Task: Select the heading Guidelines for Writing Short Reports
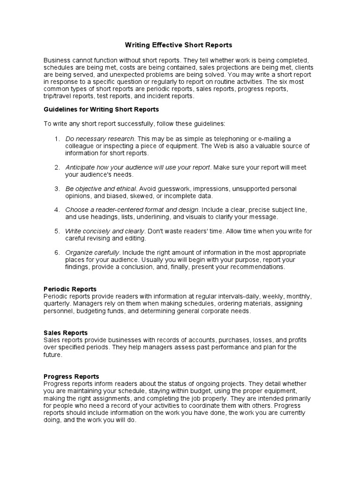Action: pos(101,109)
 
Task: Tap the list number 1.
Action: pos(56,139)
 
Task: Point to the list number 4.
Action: pos(56,210)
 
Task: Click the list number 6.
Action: pos(56,253)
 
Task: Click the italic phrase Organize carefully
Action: pos(92,253)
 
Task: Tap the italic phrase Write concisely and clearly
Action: pos(105,231)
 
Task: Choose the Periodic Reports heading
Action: pos(70,289)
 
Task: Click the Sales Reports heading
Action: pos(66,333)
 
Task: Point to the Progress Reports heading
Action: pos(71,376)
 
